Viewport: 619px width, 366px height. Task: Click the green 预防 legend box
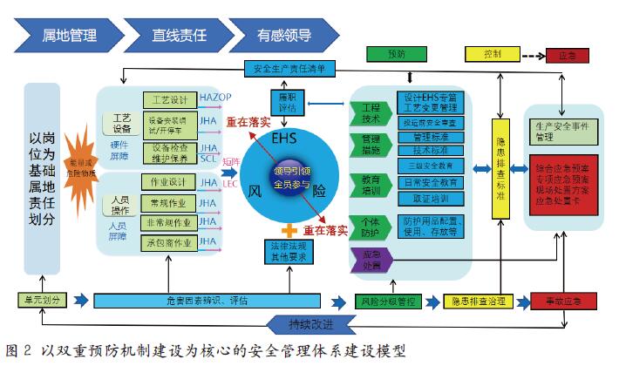tap(391, 54)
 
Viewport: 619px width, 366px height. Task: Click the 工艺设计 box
tap(168, 100)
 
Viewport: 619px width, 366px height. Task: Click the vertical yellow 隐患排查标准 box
tap(501, 171)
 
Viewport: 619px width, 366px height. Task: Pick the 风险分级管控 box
tap(387, 301)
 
